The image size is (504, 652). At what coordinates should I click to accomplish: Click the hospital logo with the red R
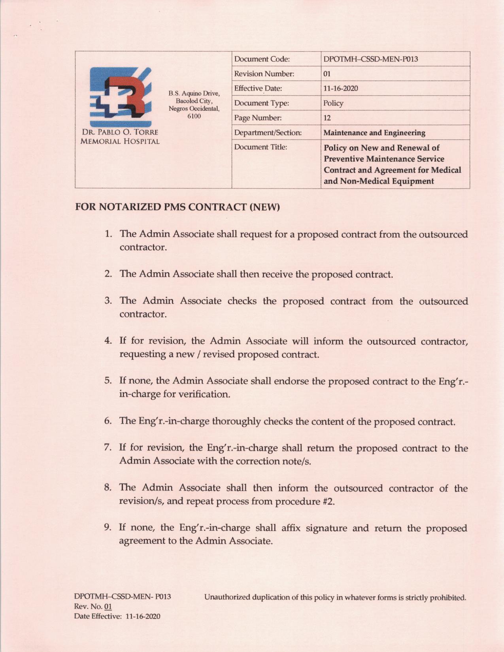121,96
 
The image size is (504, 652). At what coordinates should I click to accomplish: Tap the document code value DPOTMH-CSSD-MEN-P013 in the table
370,59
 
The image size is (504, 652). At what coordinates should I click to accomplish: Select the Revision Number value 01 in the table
327,74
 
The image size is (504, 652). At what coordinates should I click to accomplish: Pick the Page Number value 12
327,118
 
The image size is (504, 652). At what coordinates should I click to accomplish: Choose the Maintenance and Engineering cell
374,133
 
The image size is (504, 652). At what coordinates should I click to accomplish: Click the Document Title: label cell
260,147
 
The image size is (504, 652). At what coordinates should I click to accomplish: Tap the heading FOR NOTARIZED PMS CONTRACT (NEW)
177,207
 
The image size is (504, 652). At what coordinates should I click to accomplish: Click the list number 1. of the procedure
108,234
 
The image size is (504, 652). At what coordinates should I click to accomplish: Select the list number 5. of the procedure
108,381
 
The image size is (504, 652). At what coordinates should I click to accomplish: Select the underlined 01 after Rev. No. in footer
108,607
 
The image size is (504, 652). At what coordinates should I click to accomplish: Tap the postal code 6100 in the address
194,116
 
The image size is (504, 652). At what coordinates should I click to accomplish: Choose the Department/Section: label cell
268,133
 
